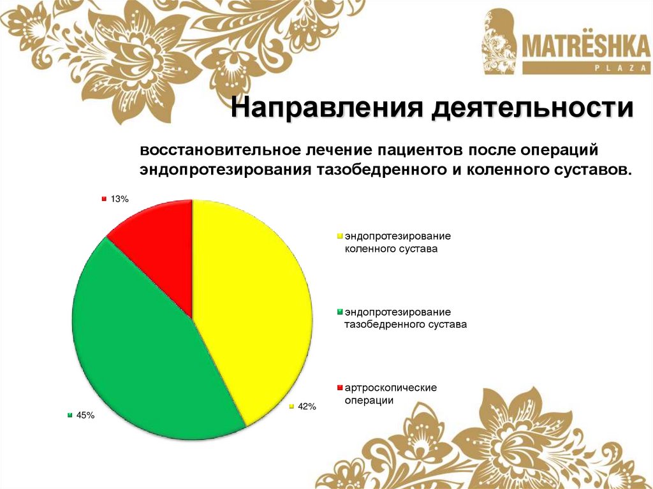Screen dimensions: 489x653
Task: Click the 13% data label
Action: [119, 199]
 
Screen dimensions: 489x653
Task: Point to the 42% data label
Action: [307, 406]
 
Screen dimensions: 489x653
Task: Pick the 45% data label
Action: [85, 415]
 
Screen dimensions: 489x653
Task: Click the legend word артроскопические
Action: [390, 388]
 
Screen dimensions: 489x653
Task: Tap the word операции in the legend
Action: [369, 400]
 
